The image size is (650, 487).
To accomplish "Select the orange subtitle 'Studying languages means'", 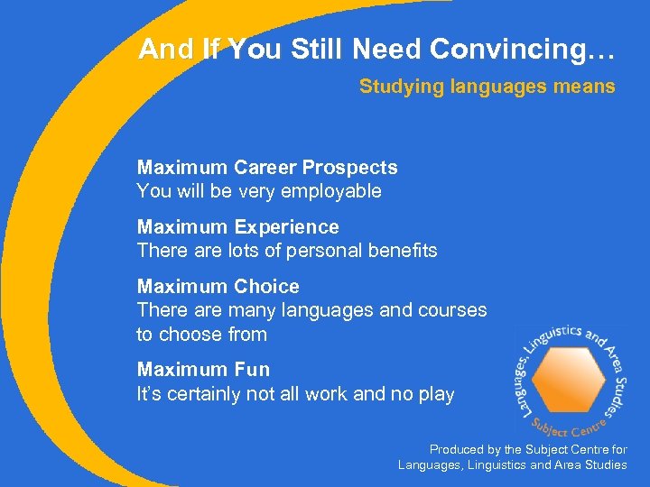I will click(487, 87).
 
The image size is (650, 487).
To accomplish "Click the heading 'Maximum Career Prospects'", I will click(266, 168).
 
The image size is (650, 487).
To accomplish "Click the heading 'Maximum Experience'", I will click(237, 227).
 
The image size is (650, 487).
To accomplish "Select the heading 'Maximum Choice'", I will click(218, 287).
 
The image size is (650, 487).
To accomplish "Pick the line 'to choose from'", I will click(201, 334).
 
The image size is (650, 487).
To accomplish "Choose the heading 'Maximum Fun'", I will click(203, 370).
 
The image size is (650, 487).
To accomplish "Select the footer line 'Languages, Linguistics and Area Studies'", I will click(512, 464).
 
